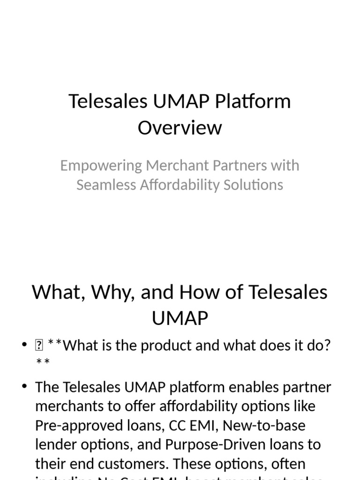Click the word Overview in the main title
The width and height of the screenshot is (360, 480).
coord(180,127)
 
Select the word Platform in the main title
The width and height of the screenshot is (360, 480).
coord(253,101)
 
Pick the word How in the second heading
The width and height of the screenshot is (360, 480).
coord(199,292)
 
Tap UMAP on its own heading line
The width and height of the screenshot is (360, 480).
coord(180,318)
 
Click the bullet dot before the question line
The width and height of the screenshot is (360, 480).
coord(24,346)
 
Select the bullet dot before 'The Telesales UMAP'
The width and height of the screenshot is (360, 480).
coord(24,387)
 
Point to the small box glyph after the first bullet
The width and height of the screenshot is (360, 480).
coord(38,346)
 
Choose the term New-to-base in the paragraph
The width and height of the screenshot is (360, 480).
coord(264,426)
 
